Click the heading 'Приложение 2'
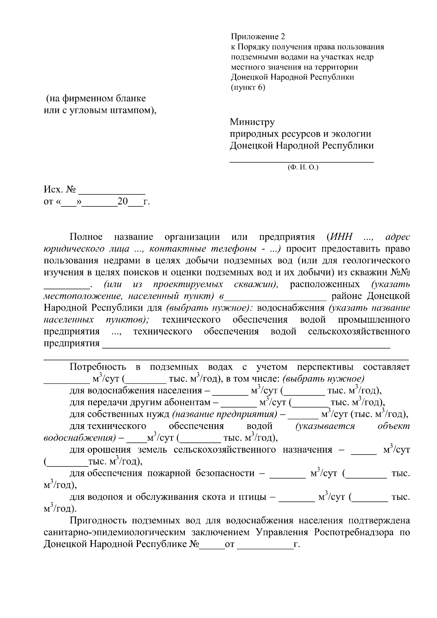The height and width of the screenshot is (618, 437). coord(258,37)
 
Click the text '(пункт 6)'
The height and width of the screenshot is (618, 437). coord(248,87)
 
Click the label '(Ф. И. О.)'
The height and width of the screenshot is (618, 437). coord(303,168)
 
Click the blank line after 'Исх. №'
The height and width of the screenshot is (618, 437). coord(112,191)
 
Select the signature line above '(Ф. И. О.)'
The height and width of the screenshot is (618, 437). coord(302,161)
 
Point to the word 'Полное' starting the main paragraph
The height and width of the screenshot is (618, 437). coord(86,237)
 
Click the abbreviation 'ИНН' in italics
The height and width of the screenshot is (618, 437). coord(342,237)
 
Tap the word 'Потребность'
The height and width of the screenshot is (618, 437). coord(98,367)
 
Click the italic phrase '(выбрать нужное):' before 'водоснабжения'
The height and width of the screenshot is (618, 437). coord(209,308)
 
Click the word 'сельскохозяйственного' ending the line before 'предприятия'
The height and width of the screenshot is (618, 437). coord(359,331)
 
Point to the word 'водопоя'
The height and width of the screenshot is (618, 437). coord(105,497)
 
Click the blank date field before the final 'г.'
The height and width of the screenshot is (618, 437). coord(265,544)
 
